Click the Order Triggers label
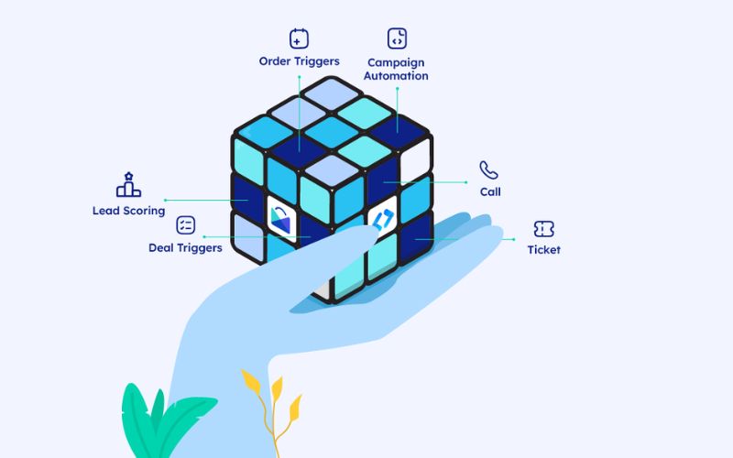(x=300, y=61)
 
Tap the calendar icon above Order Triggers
(x=299, y=38)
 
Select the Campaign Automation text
(x=396, y=70)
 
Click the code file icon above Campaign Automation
(x=397, y=38)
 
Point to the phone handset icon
(x=488, y=170)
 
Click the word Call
(x=490, y=191)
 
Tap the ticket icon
(x=543, y=229)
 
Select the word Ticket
(x=543, y=250)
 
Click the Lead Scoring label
(x=128, y=211)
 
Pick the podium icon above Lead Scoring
(x=128, y=185)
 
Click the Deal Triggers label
(x=185, y=247)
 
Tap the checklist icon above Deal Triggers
(x=186, y=224)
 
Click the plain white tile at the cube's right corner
(x=416, y=161)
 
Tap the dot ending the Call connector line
(x=466, y=182)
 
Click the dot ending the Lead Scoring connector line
(x=166, y=200)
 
